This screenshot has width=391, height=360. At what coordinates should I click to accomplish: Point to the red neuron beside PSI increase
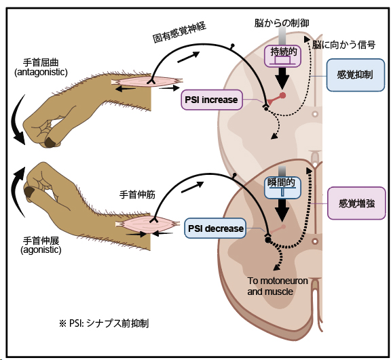pyautogui.click(x=284, y=96)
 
